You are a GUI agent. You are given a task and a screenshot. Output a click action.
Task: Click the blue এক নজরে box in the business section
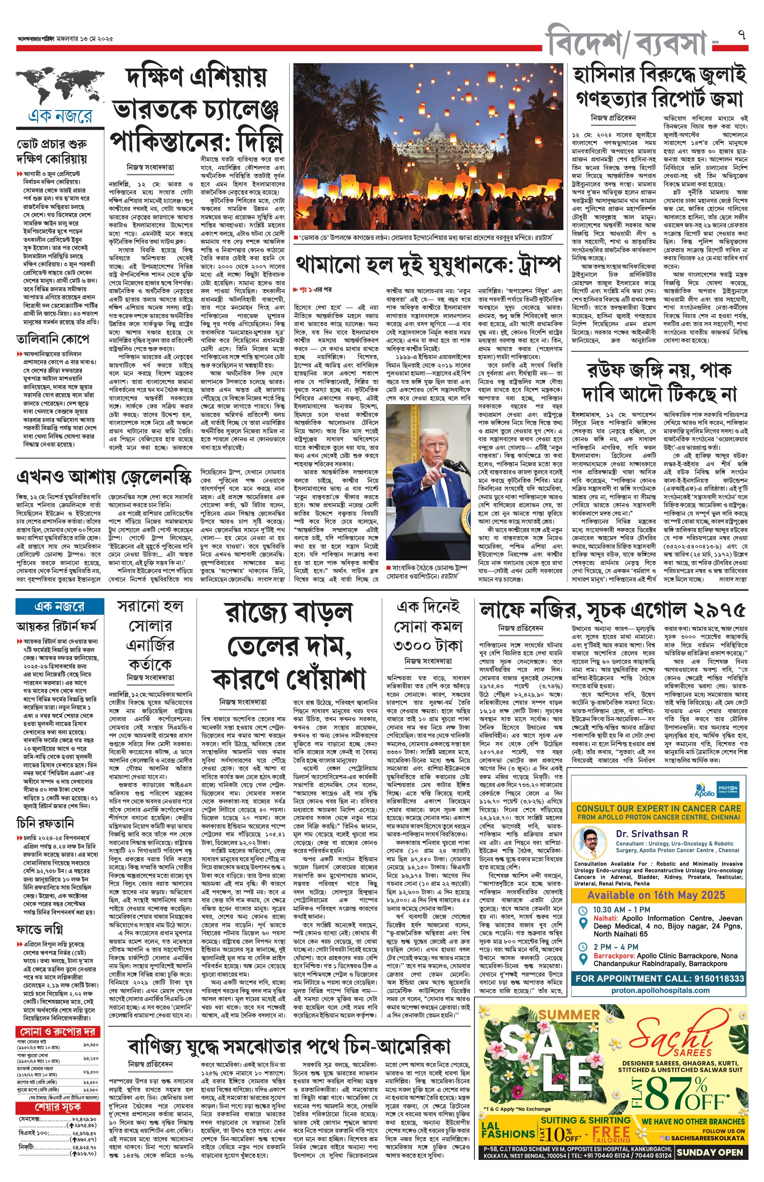(60, 606)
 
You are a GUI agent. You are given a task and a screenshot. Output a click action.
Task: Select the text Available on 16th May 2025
(656, 895)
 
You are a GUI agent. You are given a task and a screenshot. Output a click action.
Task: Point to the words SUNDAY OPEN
(710, 1152)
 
